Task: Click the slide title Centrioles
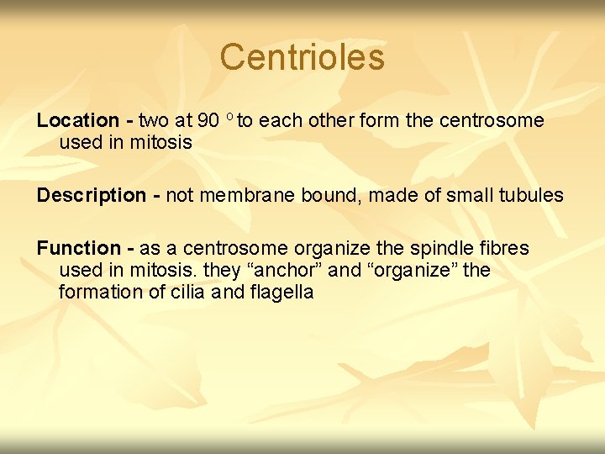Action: pos(302,57)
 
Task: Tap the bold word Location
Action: pos(77,121)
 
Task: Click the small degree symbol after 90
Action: pos(229,116)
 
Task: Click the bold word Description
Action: pos(91,196)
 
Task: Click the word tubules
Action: pos(530,196)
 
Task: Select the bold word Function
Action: pos(78,249)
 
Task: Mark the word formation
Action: pos(96,293)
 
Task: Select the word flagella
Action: pos(281,293)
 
